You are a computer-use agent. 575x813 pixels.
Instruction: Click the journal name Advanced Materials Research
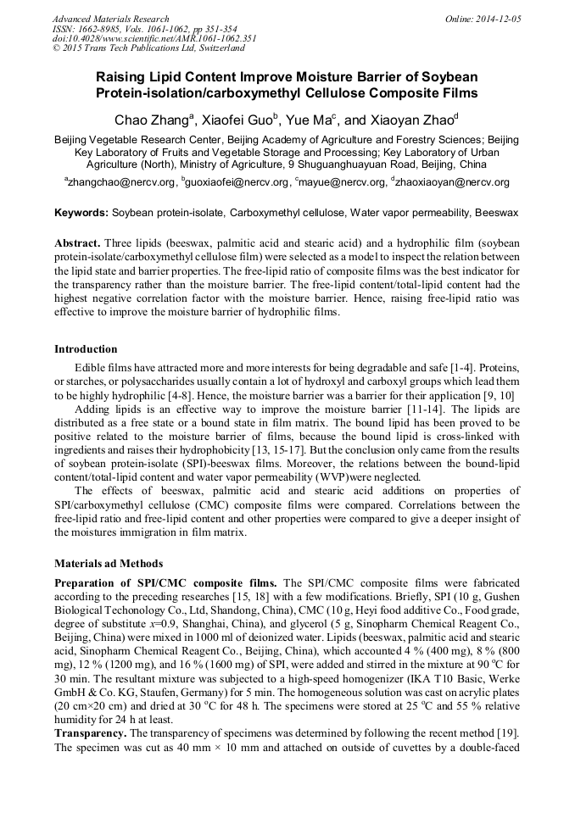click(x=110, y=19)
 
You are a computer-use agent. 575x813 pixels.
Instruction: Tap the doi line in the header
click(x=154, y=39)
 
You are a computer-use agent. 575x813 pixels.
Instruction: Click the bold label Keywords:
click(x=81, y=212)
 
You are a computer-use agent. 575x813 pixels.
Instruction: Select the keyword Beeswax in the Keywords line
click(x=496, y=212)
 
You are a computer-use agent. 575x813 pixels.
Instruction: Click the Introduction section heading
click(x=86, y=348)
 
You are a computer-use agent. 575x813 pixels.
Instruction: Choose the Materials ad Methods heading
click(x=109, y=563)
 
